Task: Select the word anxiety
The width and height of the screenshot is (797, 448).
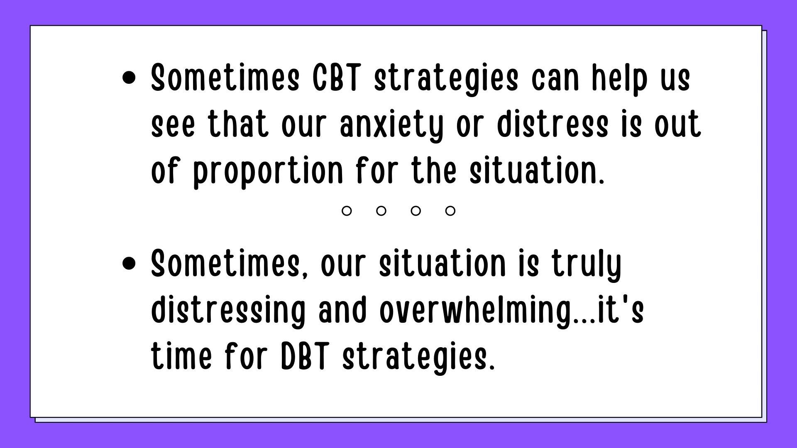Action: pyautogui.click(x=391, y=126)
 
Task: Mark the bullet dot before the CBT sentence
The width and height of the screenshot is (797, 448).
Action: pyautogui.click(x=130, y=78)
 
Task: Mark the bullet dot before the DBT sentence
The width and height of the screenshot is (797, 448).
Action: pyautogui.click(x=130, y=264)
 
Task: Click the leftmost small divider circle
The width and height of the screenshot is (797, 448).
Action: pyautogui.click(x=347, y=211)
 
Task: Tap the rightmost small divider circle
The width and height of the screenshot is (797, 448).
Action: pyautogui.click(x=450, y=211)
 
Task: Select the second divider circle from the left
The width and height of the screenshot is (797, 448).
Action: pyautogui.click(x=381, y=211)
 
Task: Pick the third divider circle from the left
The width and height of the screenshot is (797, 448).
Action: pyautogui.click(x=416, y=211)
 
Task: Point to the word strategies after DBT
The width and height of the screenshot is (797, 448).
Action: pyautogui.click(x=418, y=358)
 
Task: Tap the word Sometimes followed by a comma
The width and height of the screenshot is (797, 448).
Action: pyautogui.click(x=230, y=265)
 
